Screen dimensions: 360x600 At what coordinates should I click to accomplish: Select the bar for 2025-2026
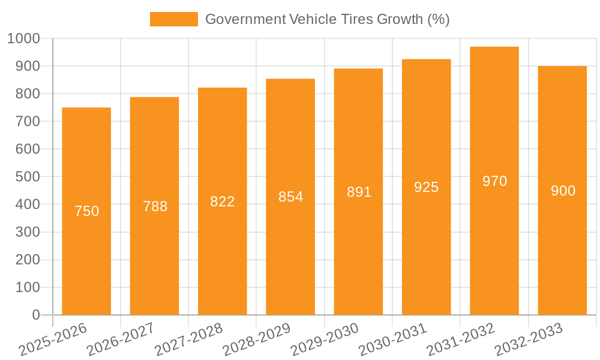pos(86,240)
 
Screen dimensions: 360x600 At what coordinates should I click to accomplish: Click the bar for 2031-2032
pos(494,240)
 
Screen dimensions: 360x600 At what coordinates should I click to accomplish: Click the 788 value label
pos(155,206)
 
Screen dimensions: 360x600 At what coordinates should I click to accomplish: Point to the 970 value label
pos(494,181)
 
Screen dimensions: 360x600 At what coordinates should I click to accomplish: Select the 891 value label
pos(359,192)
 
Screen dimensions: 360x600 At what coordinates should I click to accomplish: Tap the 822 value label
pos(222,202)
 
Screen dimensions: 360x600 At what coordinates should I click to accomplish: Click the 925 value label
pos(426,187)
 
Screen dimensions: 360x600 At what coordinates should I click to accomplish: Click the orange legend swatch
pos(173,19)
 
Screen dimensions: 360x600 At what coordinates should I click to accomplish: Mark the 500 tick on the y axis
pos(28,177)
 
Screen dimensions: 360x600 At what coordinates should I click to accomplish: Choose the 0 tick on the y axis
pos(36,315)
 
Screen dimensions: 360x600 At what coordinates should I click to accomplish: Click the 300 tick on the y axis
pos(28,232)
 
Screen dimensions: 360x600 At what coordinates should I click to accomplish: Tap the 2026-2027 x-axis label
pos(121,339)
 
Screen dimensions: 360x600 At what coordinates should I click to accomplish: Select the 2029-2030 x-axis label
pos(325,339)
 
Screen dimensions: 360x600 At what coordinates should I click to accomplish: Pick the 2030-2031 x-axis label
pos(392,339)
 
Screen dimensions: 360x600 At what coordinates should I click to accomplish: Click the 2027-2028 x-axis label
pos(188,339)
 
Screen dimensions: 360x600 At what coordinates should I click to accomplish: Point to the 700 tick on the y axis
pos(28,122)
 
